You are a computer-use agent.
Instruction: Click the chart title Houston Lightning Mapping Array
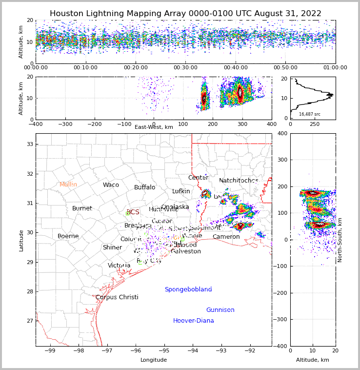(185, 14)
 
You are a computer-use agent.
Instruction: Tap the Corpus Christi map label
(117, 297)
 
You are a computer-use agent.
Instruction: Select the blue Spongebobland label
(188, 289)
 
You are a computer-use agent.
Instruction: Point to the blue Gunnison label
(220, 310)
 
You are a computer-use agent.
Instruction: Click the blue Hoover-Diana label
(193, 321)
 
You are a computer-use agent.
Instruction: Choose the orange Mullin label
(68, 185)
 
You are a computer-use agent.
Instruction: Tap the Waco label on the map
(111, 185)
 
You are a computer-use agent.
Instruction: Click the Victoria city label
(119, 266)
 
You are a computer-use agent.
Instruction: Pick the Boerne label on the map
(68, 236)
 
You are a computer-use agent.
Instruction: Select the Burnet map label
(82, 208)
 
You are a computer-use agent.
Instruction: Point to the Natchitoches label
(239, 181)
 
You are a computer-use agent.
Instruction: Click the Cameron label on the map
(226, 237)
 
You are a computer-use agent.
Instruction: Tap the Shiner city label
(112, 247)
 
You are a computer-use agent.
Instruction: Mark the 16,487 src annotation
(310, 114)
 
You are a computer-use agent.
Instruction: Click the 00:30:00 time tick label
(185, 68)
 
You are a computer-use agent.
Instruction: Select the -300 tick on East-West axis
(65, 124)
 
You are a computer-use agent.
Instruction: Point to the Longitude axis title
(154, 360)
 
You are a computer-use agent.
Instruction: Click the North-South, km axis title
(340, 240)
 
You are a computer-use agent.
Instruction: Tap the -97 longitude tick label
(107, 350)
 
